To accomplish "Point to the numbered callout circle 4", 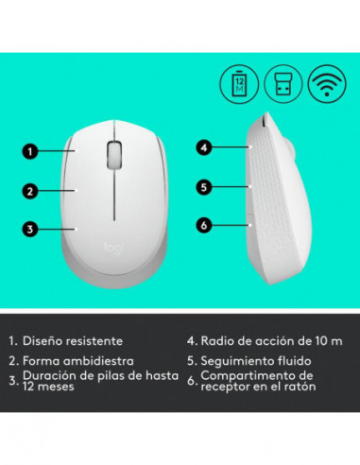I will tap(203, 147).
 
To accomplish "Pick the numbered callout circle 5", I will tap(203, 187).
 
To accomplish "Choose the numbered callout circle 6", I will tap(203, 224).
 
